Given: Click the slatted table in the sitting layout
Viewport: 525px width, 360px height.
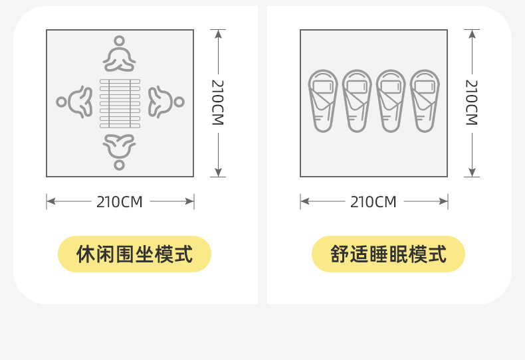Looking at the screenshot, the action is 120,103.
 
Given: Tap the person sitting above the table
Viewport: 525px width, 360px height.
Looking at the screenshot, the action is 120,54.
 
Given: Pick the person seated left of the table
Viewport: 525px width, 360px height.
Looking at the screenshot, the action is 74,102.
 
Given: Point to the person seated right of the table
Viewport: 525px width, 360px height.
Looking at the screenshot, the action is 165,102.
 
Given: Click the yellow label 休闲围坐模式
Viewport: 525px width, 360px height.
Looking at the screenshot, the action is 134,254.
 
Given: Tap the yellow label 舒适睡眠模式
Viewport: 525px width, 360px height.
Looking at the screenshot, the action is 388,254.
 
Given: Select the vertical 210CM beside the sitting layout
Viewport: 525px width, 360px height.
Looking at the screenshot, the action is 218,102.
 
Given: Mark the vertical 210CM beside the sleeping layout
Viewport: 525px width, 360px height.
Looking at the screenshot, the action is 471,102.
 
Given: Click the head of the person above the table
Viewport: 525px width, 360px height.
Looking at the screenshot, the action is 120,41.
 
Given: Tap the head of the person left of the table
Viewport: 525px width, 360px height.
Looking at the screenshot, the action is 62,102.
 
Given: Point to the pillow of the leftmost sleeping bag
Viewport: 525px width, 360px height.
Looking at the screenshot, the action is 323,87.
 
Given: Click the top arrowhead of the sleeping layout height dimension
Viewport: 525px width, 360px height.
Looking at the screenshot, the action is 471,34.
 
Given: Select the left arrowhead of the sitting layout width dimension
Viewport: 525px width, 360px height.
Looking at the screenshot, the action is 51,201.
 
